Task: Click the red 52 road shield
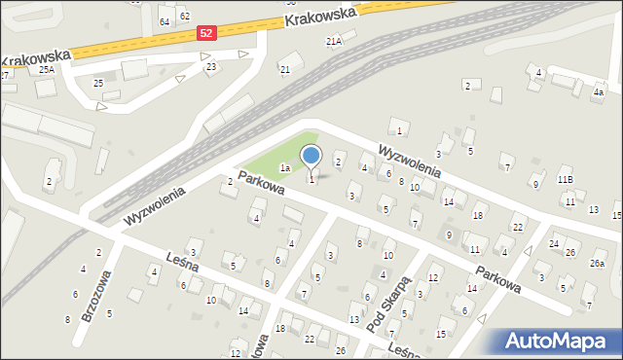tap(205, 32)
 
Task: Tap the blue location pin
tap(311, 156)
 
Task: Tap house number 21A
tap(334, 42)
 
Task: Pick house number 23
tap(210, 66)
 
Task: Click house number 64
tap(165, 21)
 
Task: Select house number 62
tap(184, 17)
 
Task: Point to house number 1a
tap(285, 168)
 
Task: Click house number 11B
tap(566, 180)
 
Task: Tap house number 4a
tap(599, 92)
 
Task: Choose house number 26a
tap(597, 264)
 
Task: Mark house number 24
tap(554, 243)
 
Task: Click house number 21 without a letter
tap(284, 69)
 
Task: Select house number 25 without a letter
tap(98, 83)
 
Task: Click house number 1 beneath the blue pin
tap(311, 179)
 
